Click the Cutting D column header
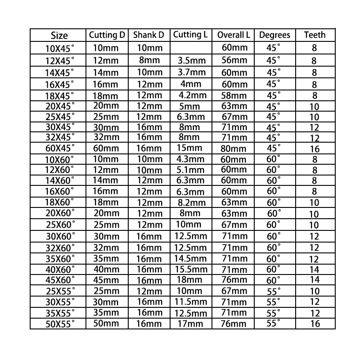107,35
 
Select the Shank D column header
148,35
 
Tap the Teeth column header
315,35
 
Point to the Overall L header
234,35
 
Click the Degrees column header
275,35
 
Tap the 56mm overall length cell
234,60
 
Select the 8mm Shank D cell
148,60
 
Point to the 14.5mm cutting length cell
190,258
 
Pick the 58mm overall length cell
234,96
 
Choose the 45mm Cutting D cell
107,280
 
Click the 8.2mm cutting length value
190,202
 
